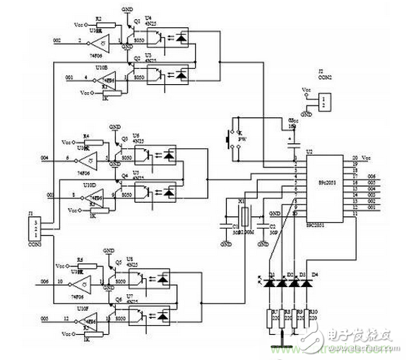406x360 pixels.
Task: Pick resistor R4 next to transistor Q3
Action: (x=87, y=138)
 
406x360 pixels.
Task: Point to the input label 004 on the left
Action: (x=43, y=157)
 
